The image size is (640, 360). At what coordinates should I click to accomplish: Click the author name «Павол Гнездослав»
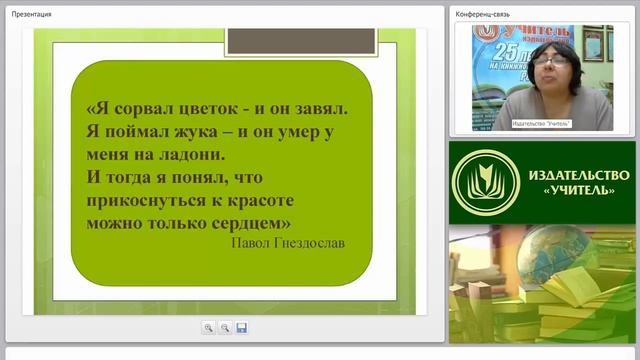289,242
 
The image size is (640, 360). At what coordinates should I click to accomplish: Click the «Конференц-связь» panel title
484,15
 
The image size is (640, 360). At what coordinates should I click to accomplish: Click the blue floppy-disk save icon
242,328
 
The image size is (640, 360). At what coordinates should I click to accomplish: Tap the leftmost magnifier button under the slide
208,328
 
